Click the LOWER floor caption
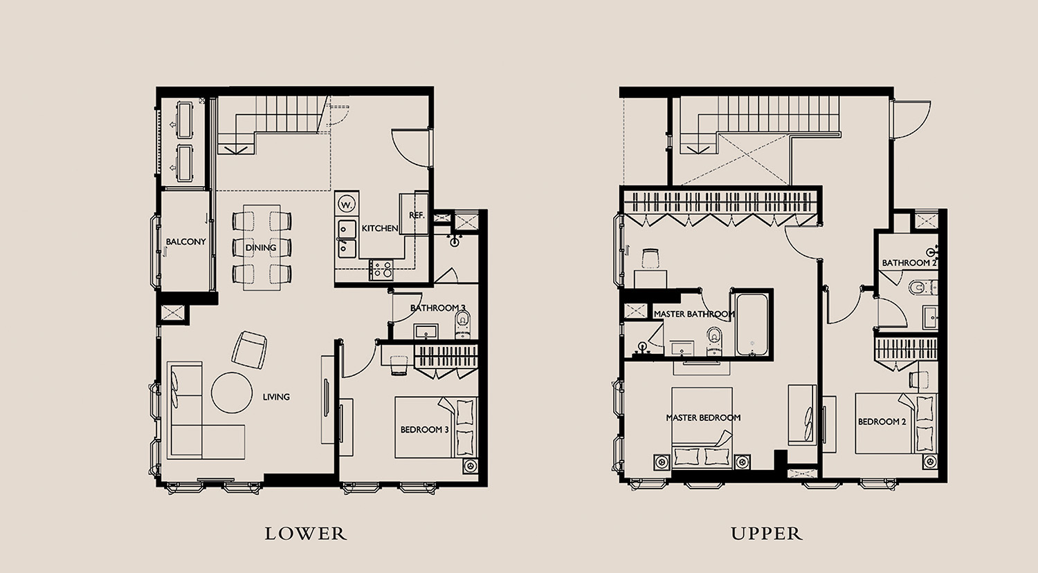pyautogui.click(x=305, y=534)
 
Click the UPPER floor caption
pyautogui.click(x=767, y=534)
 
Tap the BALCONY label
pyautogui.click(x=186, y=242)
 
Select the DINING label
pyautogui.click(x=261, y=247)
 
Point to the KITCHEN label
pyautogui.click(x=380, y=228)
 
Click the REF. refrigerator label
pyautogui.click(x=417, y=215)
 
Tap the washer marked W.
pyautogui.click(x=346, y=204)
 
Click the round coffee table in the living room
pyautogui.click(x=232, y=393)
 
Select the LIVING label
pyautogui.click(x=276, y=397)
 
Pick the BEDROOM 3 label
pyautogui.click(x=424, y=429)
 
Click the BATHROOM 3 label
pyautogui.click(x=437, y=308)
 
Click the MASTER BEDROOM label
pyautogui.click(x=703, y=417)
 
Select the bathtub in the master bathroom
pyautogui.click(x=752, y=324)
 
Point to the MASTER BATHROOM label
pyautogui.click(x=694, y=314)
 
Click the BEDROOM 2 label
pyautogui.click(x=882, y=422)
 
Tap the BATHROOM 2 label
pyautogui.click(x=909, y=263)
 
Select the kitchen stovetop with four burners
pyautogui.click(x=381, y=270)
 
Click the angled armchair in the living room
pyautogui.click(x=249, y=350)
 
